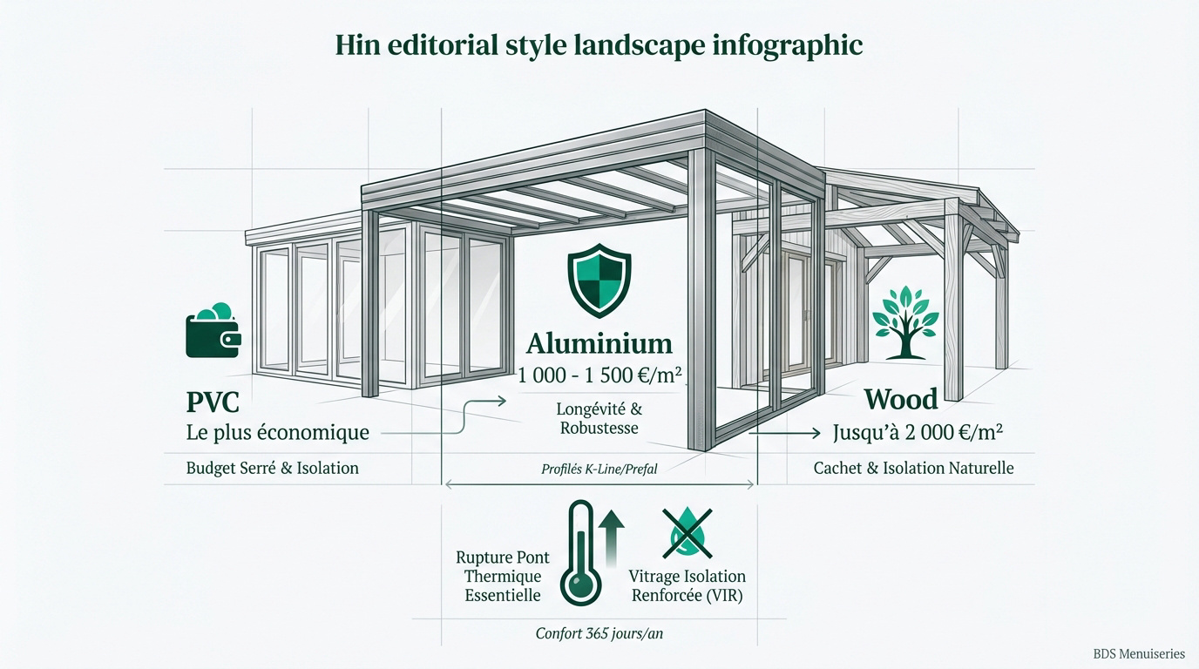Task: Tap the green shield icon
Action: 599,280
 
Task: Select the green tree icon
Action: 905,322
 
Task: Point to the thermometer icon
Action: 581,553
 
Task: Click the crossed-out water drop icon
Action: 687,534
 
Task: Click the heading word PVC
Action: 213,402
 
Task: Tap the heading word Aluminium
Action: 599,343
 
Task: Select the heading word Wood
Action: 901,399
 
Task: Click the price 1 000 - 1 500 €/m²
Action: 599,375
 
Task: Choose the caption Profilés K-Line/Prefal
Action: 599,470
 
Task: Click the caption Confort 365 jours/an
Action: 599,633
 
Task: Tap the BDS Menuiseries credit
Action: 1139,653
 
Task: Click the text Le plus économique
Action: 278,432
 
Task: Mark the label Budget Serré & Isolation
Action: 273,469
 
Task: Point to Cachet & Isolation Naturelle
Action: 914,469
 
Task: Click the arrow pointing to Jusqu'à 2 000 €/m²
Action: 784,433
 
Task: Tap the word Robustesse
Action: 599,429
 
